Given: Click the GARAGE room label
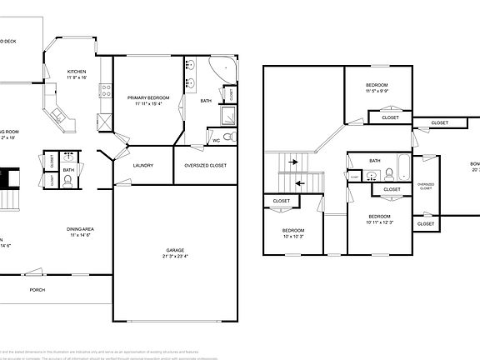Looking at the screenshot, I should [175, 250].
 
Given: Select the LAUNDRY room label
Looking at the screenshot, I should [143, 165].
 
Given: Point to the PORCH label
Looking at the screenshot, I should [37, 290].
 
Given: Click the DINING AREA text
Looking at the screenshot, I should [80, 229].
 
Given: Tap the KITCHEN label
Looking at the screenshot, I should [77, 72].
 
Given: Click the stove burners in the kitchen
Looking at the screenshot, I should [105, 87].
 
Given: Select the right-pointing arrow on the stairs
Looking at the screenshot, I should [293, 163].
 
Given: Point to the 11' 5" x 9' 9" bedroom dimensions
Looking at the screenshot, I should [377, 92].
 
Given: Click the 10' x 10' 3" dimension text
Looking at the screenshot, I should [292, 237].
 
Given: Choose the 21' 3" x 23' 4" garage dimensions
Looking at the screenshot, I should [175, 257].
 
